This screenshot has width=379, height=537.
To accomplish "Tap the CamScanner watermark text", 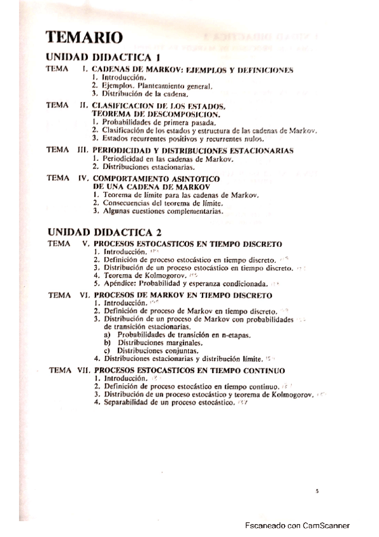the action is (x=297, y=526).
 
